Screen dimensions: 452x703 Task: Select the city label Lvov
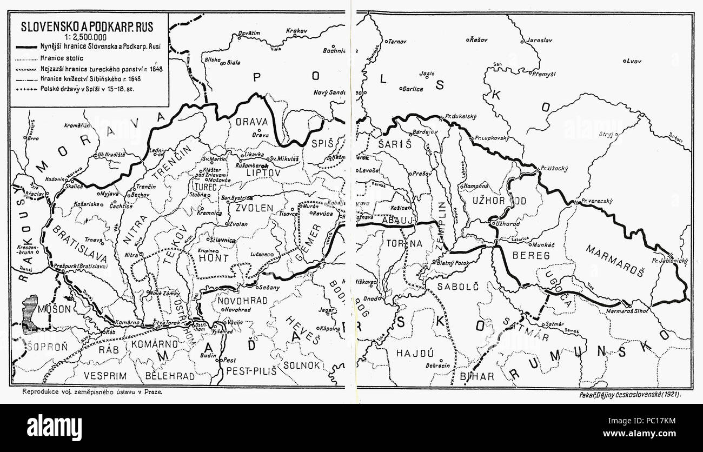coord(632,62)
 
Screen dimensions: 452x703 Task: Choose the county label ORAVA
coord(251,122)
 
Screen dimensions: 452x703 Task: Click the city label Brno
coord(34,138)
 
